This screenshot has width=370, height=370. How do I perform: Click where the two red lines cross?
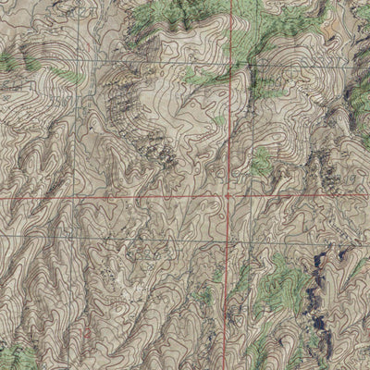[x=228, y=197]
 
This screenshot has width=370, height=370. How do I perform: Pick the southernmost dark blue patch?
[x=319, y=324]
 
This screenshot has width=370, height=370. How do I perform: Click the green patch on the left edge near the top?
[x=7, y=63]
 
